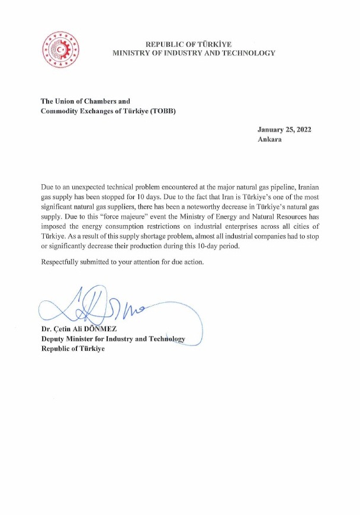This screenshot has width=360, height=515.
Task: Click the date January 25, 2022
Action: coord(284,130)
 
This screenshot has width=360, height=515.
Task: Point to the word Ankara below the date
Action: coord(270,140)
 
